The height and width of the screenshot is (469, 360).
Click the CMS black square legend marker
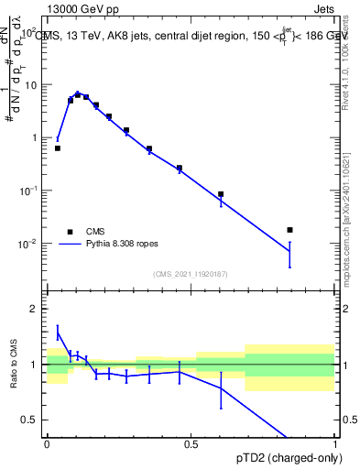tap(69, 232)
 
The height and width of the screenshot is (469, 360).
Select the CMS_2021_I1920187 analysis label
tap(190, 273)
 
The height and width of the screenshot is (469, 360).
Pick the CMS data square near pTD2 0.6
tap(221, 194)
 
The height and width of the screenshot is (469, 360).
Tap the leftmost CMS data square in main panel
tap(58, 147)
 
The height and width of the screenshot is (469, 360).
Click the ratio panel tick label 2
tap(35, 309)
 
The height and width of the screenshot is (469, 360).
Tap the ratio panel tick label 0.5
tap(30, 420)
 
